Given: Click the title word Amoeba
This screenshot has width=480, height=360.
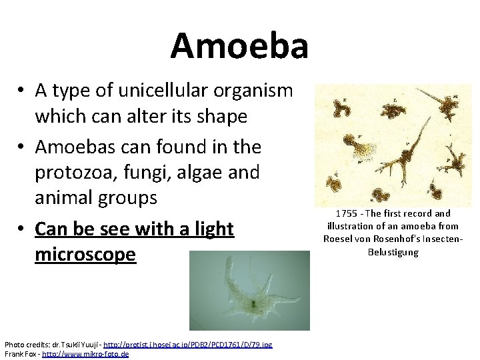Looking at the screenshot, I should click(239, 46).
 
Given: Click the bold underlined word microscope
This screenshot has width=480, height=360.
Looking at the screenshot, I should click(85, 255).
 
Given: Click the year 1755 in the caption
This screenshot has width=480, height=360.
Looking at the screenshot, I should click(346, 213).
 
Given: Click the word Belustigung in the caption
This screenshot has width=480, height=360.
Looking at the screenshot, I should click(393, 252).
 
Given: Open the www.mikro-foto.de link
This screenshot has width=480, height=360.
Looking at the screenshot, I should click(85, 353).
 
